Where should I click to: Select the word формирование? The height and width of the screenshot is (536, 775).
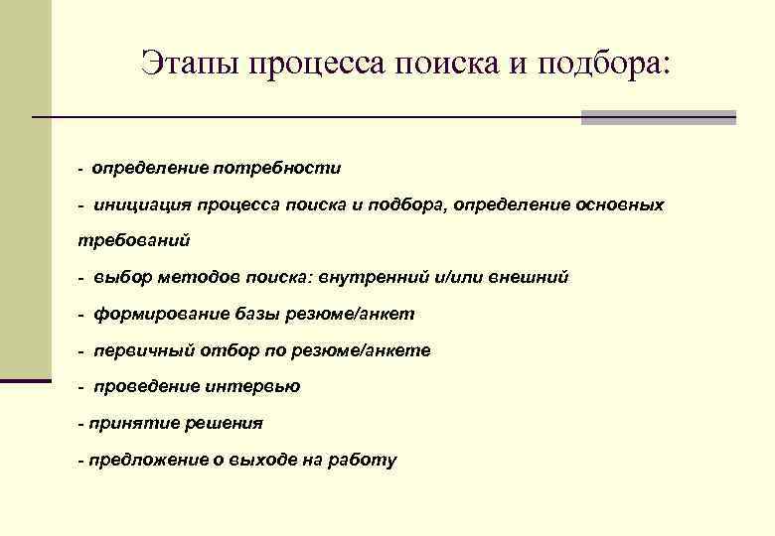click(x=157, y=314)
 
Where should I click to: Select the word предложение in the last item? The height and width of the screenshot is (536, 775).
click(x=140, y=460)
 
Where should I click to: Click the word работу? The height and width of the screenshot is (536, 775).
click(x=364, y=460)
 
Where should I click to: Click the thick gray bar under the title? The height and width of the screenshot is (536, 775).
click(x=658, y=117)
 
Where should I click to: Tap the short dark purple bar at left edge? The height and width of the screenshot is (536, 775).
click(x=25, y=379)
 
